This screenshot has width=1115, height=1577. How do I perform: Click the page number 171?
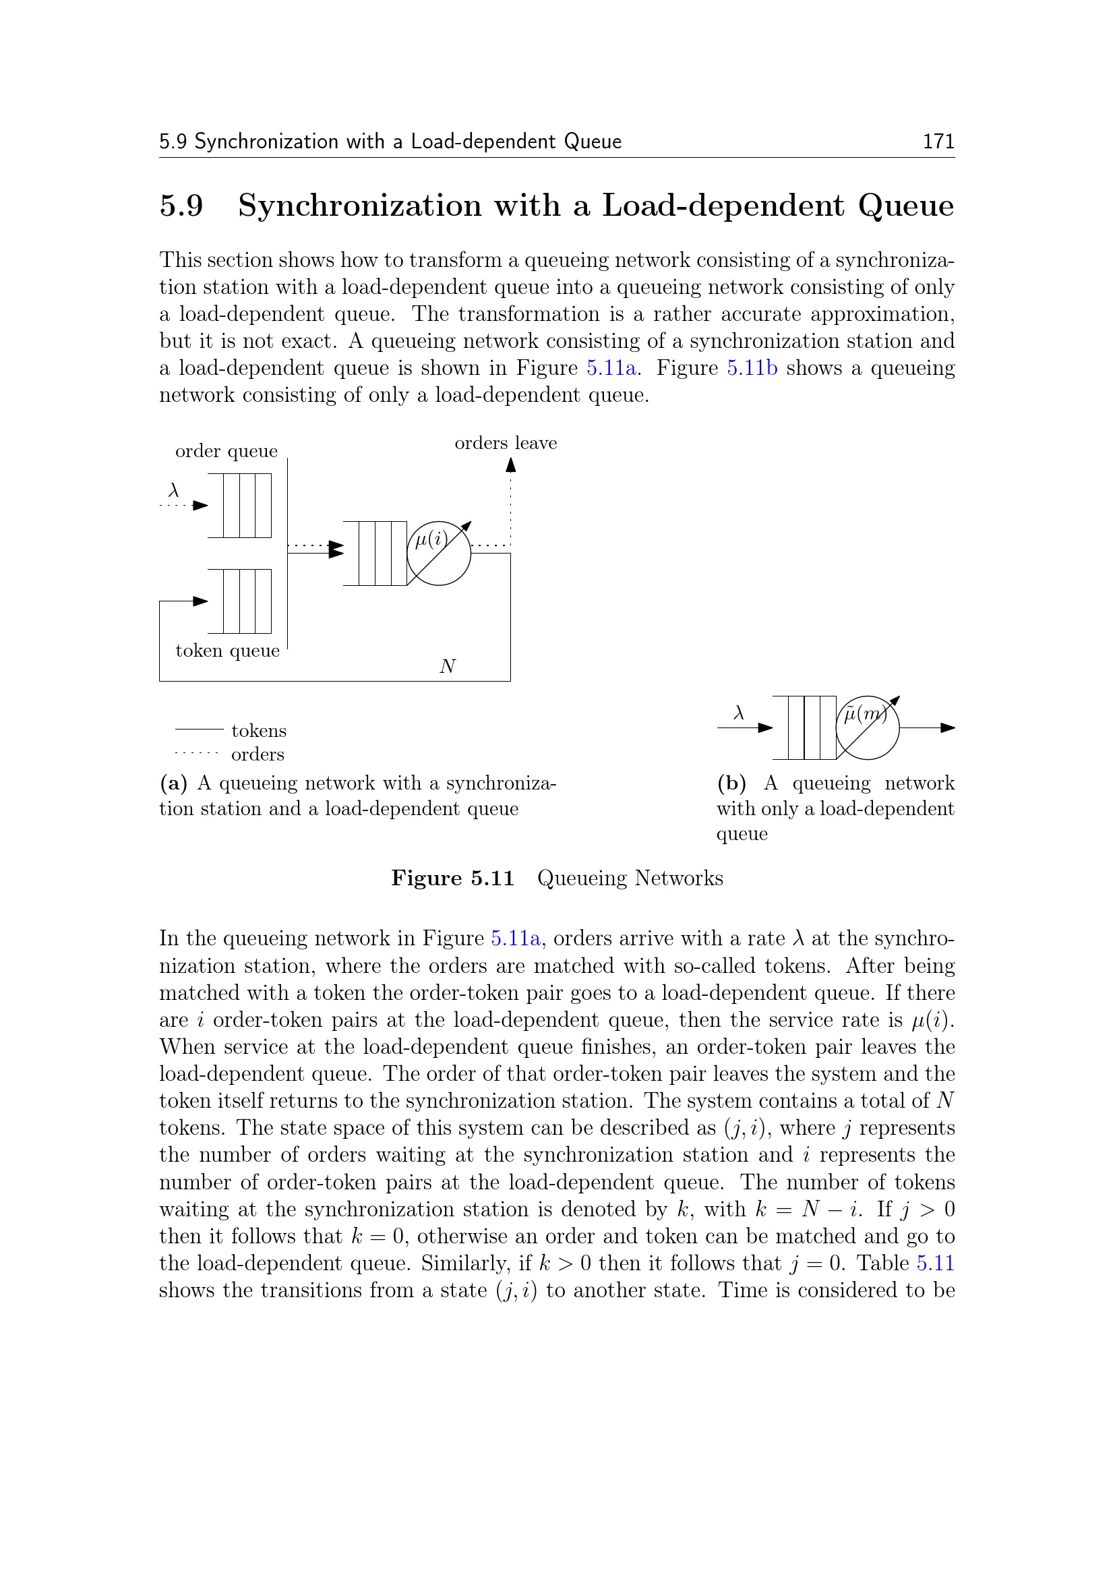pyautogui.click(x=938, y=142)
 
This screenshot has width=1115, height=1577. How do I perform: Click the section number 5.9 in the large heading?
pyautogui.click(x=181, y=206)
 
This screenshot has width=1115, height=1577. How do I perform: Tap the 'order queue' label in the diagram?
pyautogui.click(x=227, y=451)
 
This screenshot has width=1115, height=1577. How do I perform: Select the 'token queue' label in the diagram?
pyautogui.click(x=227, y=651)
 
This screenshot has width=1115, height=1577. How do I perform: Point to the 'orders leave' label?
pyautogui.click(x=506, y=443)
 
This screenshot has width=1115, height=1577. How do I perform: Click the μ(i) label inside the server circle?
pyautogui.click(x=431, y=539)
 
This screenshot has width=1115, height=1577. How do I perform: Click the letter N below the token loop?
pyautogui.click(x=448, y=666)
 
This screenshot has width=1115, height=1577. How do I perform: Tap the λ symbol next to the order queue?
pyautogui.click(x=174, y=490)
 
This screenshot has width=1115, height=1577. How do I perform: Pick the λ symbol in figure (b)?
pyautogui.click(x=739, y=713)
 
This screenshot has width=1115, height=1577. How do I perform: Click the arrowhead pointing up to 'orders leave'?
pyautogui.click(x=511, y=465)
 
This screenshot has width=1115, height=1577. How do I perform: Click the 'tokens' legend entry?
pyautogui.click(x=259, y=731)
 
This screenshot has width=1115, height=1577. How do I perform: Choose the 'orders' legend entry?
pyautogui.click(x=258, y=755)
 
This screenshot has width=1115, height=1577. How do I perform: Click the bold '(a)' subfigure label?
pyautogui.click(x=174, y=783)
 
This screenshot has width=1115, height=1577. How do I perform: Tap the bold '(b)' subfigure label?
pyautogui.click(x=731, y=783)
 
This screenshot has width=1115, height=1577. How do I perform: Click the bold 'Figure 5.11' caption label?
pyautogui.click(x=452, y=879)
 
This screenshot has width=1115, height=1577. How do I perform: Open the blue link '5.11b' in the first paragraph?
pyautogui.click(x=752, y=368)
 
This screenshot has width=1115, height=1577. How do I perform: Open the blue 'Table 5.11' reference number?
pyautogui.click(x=935, y=1263)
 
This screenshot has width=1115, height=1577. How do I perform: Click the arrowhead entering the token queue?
pyautogui.click(x=200, y=601)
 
